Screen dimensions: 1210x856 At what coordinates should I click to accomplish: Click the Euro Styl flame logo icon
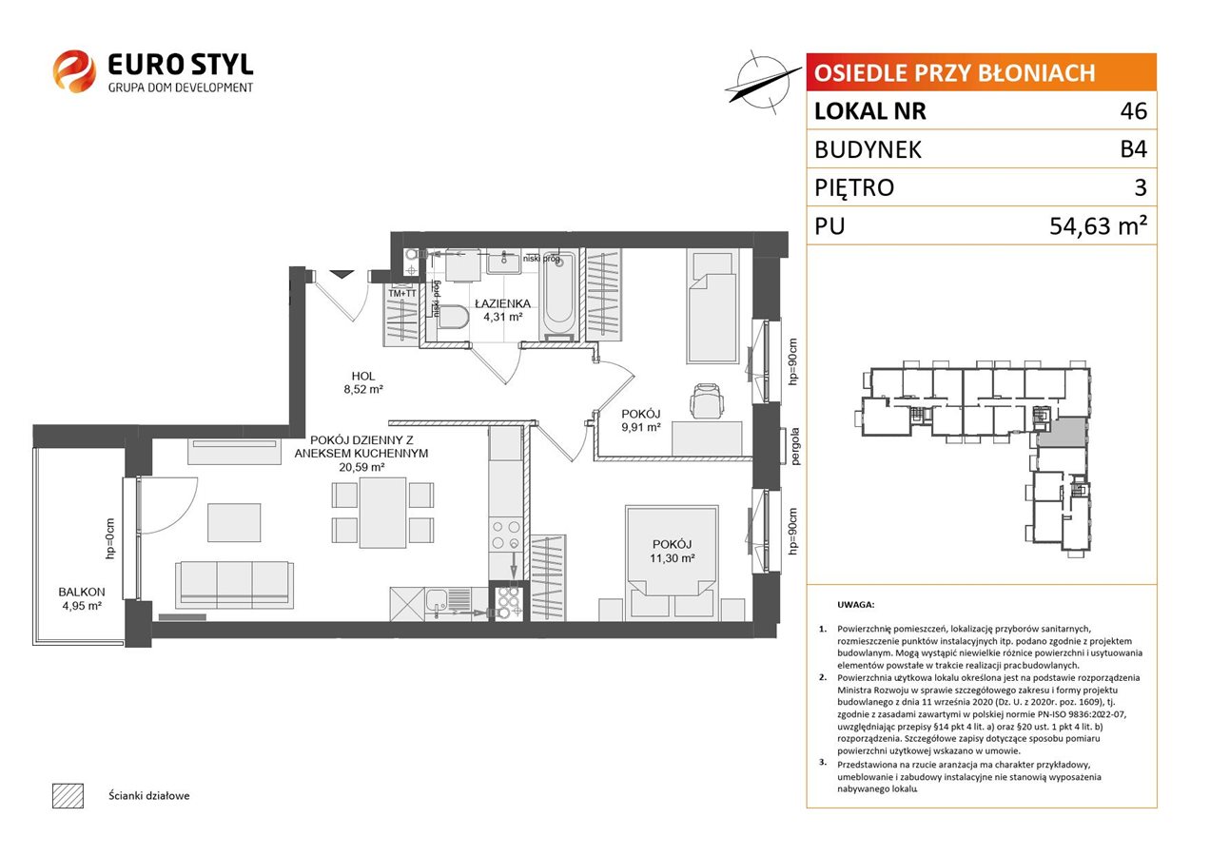(x=74, y=71)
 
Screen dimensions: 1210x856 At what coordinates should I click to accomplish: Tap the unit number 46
(x=1133, y=111)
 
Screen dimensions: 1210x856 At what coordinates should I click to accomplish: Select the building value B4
(x=1133, y=149)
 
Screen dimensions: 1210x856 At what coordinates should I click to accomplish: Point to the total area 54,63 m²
(x=1098, y=225)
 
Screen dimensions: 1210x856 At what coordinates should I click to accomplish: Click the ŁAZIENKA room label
(x=502, y=304)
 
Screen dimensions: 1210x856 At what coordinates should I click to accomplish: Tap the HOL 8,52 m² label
(x=363, y=382)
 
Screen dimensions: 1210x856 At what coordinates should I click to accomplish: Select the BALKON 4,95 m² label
(x=82, y=599)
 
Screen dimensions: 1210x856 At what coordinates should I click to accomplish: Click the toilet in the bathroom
(x=453, y=317)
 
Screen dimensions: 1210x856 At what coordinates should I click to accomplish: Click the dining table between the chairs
(x=382, y=513)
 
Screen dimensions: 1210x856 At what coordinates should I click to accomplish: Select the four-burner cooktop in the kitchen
(x=506, y=535)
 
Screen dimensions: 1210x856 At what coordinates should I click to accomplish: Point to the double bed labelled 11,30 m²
(x=672, y=562)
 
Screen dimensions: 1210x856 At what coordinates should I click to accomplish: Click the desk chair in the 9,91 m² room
(x=707, y=400)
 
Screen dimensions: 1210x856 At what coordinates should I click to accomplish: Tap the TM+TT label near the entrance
(x=402, y=293)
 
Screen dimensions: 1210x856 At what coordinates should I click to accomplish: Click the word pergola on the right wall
(x=794, y=446)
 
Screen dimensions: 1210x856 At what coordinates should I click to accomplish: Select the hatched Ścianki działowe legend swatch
(x=68, y=795)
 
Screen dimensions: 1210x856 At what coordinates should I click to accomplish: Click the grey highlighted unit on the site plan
(x=1062, y=432)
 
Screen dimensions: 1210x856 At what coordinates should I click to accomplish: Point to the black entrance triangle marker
(x=342, y=274)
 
